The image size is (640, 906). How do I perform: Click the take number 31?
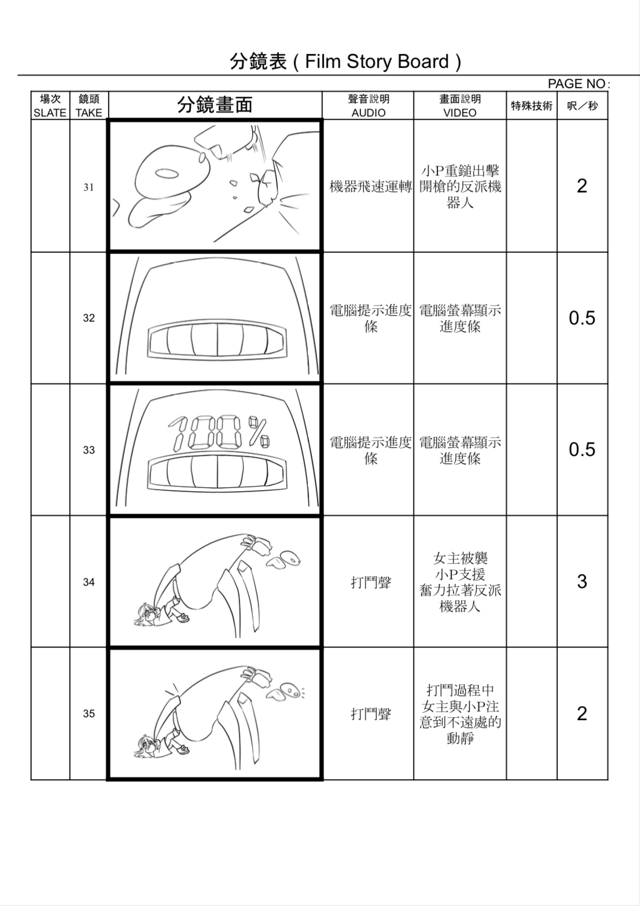coord(89,187)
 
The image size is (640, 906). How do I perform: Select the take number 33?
coord(89,450)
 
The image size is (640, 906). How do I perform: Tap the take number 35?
coord(89,714)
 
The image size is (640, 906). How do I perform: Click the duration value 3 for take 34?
coord(582,582)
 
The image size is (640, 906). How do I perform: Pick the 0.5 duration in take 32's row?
coord(582,318)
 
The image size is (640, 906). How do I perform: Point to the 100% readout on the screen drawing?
coord(219,432)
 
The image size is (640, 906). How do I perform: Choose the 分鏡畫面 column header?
coord(215,105)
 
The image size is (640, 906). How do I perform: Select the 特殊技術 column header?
coord(531,106)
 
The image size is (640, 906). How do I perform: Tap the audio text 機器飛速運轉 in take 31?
coord(370,187)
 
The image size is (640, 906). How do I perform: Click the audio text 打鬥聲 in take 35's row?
coord(370,714)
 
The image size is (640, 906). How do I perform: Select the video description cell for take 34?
coord(460,582)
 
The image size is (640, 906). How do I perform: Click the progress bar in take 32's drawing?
coord(217,339)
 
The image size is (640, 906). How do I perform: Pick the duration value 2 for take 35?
coord(582,714)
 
